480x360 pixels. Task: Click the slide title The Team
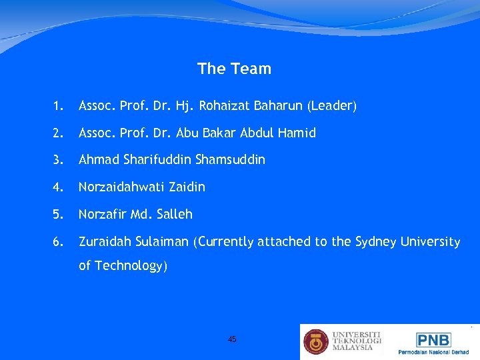234,69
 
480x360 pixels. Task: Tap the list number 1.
59,106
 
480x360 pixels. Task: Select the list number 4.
59,187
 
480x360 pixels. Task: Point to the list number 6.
59,242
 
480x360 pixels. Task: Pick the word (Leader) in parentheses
332,106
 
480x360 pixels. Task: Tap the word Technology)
131,266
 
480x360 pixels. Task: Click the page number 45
232,339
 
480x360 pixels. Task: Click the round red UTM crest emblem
316,341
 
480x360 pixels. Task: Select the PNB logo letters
433,339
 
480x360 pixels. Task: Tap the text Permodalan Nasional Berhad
433,352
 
